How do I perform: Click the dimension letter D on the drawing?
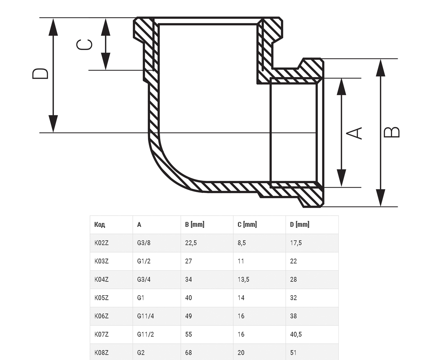pyautogui.click(x=40, y=74)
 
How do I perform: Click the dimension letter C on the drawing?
pyautogui.click(x=84, y=45)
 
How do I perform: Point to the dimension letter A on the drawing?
pyautogui.click(x=354, y=133)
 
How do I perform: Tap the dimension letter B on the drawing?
pyautogui.click(x=391, y=132)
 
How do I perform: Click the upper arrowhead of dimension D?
pyautogui.click(x=53, y=27)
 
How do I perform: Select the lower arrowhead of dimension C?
pyautogui.click(x=105, y=61)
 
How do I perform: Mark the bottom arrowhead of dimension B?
pyautogui.click(x=381, y=198)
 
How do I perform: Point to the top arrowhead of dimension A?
pyautogui.click(x=341, y=87)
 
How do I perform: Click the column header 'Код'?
pyautogui.click(x=99, y=225)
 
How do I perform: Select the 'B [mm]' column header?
pyautogui.click(x=194, y=225)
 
